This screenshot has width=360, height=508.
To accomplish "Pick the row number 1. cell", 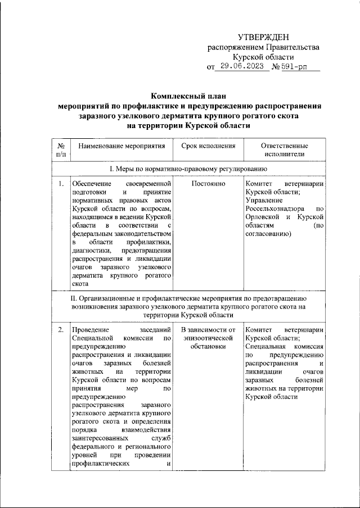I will (x=60, y=184).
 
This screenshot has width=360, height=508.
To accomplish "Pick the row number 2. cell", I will (x=60, y=329).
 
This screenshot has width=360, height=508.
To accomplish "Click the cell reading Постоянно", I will (x=208, y=184).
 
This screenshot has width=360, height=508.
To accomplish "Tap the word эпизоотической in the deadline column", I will (x=208, y=338).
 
